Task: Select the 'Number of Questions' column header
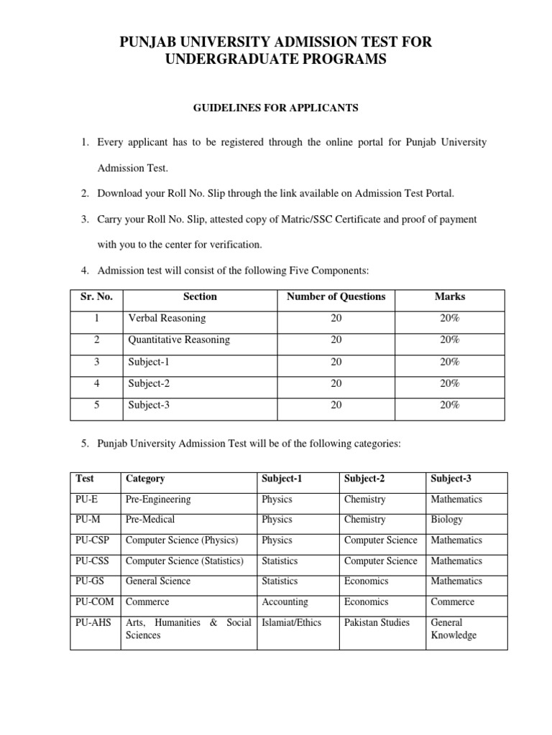(x=336, y=296)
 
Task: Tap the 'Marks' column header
(x=450, y=296)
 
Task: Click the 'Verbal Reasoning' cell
(x=167, y=318)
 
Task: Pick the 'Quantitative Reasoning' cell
(x=179, y=340)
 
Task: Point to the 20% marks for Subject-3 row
(x=450, y=405)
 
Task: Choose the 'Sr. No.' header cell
(x=96, y=296)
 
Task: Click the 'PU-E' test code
(x=86, y=499)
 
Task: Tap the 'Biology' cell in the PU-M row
(x=447, y=519)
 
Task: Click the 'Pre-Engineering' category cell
(x=158, y=499)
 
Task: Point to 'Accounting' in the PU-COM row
(x=285, y=601)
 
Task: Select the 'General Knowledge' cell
(x=453, y=629)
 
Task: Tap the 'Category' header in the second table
(x=145, y=478)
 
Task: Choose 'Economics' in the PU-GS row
(x=367, y=581)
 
